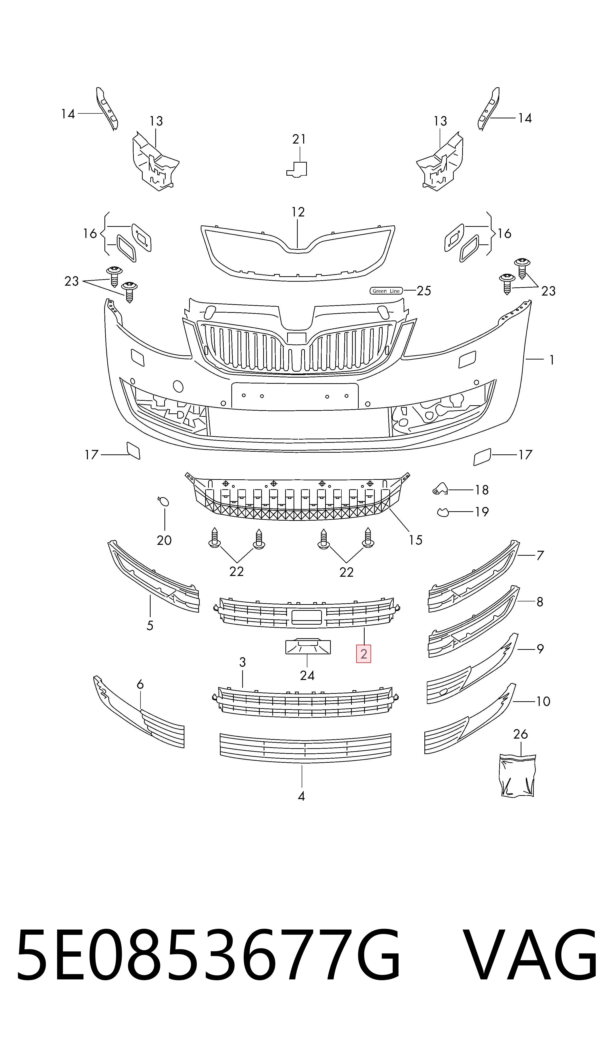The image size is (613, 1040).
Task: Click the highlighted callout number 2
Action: click(x=363, y=654)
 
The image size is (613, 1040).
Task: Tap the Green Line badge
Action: click(x=386, y=291)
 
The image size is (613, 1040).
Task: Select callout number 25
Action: click(x=424, y=291)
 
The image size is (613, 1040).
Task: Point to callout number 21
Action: click(x=299, y=139)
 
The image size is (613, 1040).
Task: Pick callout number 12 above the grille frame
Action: click(x=298, y=212)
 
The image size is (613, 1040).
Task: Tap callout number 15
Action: click(x=415, y=540)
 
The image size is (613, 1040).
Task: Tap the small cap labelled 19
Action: click(x=443, y=512)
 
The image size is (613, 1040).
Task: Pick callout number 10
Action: click(x=543, y=701)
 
